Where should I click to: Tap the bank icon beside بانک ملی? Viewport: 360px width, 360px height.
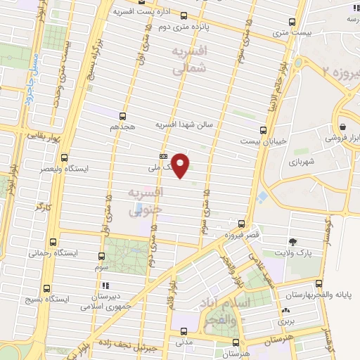click(163, 157)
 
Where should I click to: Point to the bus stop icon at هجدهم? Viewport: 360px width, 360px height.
click(123, 116)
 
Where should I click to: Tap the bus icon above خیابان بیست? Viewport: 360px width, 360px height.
click(263, 130)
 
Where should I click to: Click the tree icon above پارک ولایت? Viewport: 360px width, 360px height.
click(293, 241)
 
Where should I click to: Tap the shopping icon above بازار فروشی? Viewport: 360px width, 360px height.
click(342, 127)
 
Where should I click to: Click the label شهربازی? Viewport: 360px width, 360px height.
click(303, 162)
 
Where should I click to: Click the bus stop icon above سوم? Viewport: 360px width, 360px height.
click(102, 257)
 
